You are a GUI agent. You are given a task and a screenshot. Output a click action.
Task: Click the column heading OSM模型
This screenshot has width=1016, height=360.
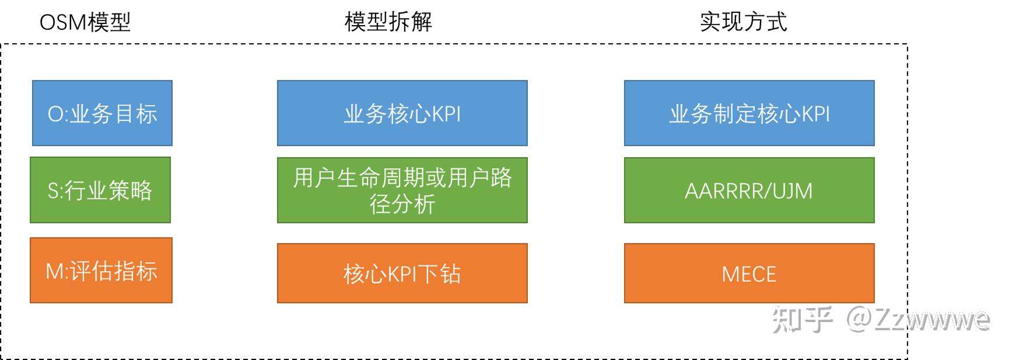click(x=85, y=22)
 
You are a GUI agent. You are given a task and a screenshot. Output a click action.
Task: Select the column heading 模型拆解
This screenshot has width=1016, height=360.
click(x=388, y=22)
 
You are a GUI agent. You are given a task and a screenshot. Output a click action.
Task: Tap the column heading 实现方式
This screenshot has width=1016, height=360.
click(x=744, y=22)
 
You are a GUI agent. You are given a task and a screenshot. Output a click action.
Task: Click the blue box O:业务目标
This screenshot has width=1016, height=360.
click(x=102, y=113)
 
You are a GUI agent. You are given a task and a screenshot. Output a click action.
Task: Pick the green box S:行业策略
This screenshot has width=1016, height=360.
click(x=100, y=190)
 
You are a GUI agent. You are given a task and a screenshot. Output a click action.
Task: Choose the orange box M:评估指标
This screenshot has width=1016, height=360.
click(x=101, y=270)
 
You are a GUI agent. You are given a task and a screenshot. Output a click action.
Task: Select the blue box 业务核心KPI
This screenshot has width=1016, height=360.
click(x=402, y=113)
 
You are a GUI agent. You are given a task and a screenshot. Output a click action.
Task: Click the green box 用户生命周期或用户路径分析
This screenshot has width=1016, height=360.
click(x=402, y=190)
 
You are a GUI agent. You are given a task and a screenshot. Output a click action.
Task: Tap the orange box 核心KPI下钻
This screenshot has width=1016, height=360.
click(x=402, y=273)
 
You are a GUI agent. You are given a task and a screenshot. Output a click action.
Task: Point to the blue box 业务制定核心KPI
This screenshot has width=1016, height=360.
click(x=749, y=113)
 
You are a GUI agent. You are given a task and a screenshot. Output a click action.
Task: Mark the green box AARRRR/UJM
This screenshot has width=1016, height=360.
click(x=749, y=190)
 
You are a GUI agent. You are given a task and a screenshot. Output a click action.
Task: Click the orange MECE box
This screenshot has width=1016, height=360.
click(x=749, y=273)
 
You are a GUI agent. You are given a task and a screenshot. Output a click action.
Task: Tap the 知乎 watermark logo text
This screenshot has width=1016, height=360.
click(x=803, y=319)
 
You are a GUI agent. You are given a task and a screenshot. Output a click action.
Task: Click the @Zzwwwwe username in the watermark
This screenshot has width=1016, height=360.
click(x=919, y=319)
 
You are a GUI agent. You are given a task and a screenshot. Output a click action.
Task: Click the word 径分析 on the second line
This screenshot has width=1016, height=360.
click(x=402, y=204)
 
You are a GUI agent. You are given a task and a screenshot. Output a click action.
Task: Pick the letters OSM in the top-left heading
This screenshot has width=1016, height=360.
click(x=62, y=23)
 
